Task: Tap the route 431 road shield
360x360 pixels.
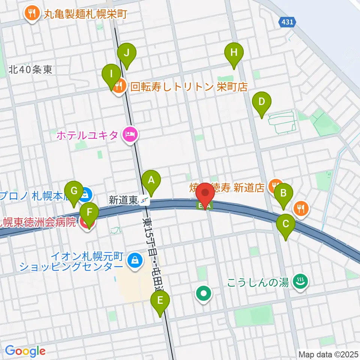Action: (287, 23)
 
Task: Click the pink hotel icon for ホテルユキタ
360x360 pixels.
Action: (130, 134)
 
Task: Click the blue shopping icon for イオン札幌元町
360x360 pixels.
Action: (134, 259)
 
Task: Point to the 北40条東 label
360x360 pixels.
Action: (31, 69)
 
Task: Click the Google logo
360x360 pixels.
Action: (25, 351)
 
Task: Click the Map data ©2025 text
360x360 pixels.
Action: (328, 354)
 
